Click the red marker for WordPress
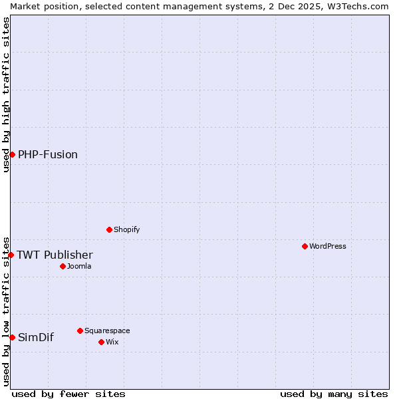305,246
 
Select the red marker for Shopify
109,229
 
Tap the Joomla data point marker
63,266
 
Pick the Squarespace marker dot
80,331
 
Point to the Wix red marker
101,342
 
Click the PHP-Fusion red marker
12,154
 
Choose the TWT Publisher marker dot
11,255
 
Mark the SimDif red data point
12,337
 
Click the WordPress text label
327,246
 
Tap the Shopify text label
126,229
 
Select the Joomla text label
79,266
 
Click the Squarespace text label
107,331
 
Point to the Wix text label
112,342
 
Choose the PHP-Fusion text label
48,154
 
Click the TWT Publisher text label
55,255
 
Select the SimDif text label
36,337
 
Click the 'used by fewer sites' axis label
68,394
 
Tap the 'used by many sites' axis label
334,394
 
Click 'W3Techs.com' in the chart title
357,6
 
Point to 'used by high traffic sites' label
6,94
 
